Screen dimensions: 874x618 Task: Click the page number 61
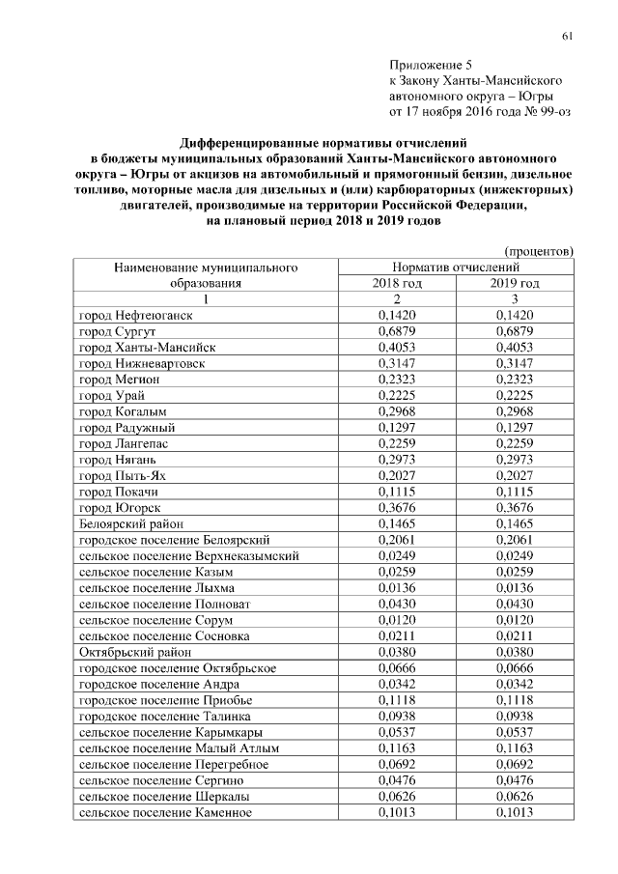(568, 37)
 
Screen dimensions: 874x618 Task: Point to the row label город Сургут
(118, 331)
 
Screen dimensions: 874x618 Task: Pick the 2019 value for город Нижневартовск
(514, 364)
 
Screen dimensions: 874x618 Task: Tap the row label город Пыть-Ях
(121, 474)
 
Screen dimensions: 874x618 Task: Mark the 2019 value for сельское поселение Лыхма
(514, 587)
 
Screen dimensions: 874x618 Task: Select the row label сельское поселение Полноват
(160, 604)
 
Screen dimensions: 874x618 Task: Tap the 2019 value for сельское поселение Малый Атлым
(514, 747)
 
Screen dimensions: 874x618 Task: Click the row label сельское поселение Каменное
(164, 812)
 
